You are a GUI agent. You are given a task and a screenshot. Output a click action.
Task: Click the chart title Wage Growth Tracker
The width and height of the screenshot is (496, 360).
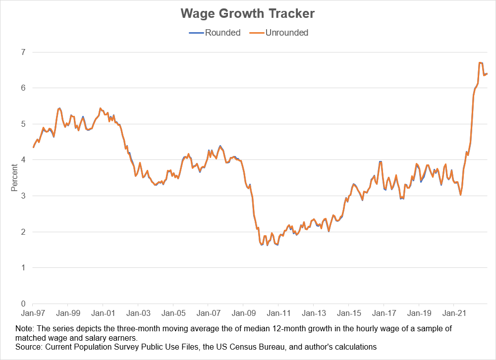tap(248, 13)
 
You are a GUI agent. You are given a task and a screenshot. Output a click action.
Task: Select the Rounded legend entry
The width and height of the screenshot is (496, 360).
tap(222, 33)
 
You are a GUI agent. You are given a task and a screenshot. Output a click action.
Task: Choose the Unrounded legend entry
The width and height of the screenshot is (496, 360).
tap(286, 33)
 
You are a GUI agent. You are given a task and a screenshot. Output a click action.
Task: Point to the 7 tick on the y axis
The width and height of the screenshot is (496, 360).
tap(23, 52)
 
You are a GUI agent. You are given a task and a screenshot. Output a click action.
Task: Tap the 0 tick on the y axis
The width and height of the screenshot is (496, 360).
tap(23, 304)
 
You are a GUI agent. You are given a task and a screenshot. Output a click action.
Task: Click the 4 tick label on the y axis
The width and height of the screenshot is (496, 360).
tap(23, 160)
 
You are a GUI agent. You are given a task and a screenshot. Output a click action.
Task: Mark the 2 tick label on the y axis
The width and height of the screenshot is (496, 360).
tap(23, 232)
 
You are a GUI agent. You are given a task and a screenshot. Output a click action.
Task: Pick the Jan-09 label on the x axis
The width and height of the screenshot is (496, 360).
tap(243, 313)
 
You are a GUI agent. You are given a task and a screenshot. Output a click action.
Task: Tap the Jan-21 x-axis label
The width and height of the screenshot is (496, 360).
tap(453, 313)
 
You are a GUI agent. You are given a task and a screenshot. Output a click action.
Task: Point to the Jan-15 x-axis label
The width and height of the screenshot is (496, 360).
tap(348, 313)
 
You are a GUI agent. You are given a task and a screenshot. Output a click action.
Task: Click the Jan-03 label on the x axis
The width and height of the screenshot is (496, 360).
tap(138, 313)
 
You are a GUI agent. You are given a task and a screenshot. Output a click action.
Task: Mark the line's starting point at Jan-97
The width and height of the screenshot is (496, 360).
tap(33, 147)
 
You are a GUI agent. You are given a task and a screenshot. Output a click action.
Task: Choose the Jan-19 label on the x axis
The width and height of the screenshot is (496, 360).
tap(418, 313)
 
